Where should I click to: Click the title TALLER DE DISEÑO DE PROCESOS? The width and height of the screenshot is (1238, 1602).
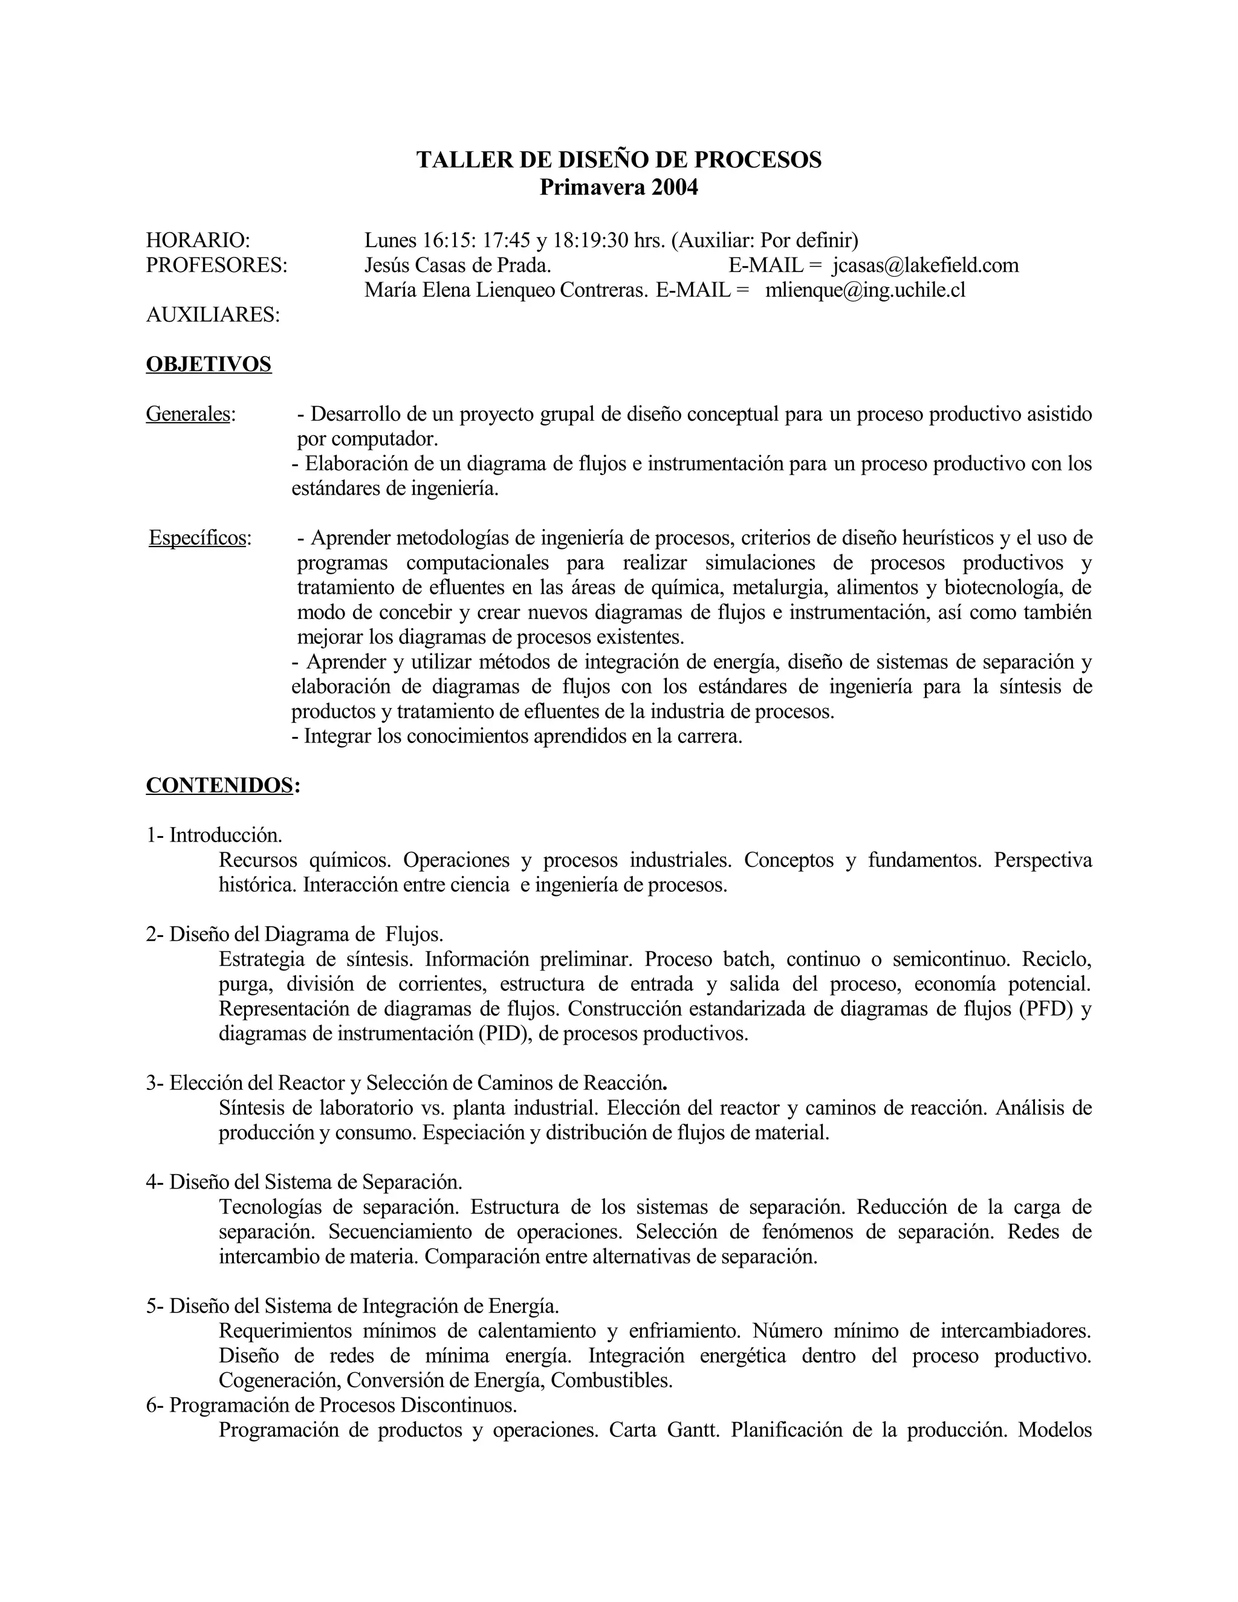pyautogui.click(x=619, y=160)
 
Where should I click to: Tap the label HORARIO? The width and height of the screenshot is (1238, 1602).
pyautogui.click(x=198, y=240)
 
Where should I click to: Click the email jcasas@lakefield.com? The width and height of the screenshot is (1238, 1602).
pyautogui.click(x=925, y=265)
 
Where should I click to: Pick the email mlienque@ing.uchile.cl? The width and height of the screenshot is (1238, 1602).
pyautogui.click(x=866, y=290)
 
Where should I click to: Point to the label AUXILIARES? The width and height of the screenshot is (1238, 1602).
pyautogui.click(x=213, y=315)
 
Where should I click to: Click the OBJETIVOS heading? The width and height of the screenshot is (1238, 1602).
pyautogui.click(x=209, y=364)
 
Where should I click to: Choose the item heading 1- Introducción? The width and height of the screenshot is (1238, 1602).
pyautogui.click(x=214, y=835)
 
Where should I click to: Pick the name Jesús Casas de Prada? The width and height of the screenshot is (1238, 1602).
pyautogui.click(x=458, y=265)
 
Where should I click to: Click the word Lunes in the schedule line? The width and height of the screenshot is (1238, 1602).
pyautogui.click(x=390, y=240)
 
